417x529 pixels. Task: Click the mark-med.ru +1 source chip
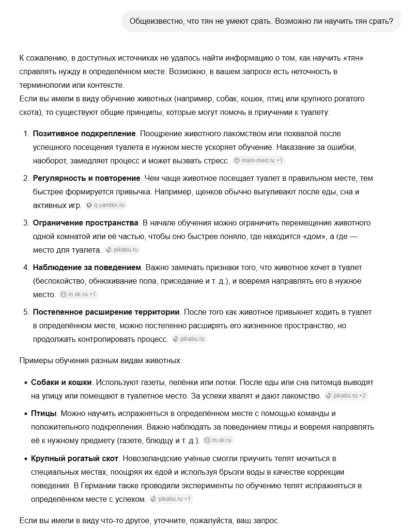tap(259, 160)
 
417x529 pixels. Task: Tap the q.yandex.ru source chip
tap(106, 205)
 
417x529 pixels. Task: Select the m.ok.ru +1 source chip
tap(78, 294)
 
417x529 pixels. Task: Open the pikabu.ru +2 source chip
tap(346, 396)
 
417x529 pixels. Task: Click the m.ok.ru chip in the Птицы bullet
tap(218, 440)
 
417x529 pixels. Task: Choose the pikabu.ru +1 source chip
tap(171, 498)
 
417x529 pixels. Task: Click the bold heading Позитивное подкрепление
tap(84, 133)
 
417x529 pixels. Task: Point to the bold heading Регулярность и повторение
tap(87, 178)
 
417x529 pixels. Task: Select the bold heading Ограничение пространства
tap(86, 223)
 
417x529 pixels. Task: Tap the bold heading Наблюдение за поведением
tap(87, 267)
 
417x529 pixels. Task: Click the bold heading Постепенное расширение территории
tap(106, 312)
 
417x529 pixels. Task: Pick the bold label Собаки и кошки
tap(61, 383)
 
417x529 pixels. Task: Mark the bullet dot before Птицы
tap(26, 414)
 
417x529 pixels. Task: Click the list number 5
tap(26, 312)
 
